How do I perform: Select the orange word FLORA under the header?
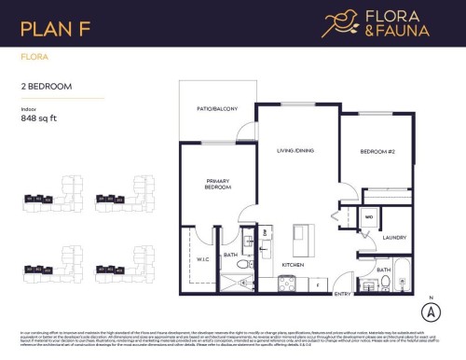click(33, 57)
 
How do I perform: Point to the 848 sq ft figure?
click(40, 118)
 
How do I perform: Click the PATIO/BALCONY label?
click(217, 110)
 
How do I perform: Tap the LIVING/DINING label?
click(297, 150)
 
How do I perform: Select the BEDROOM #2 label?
click(380, 151)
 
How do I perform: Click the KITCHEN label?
click(295, 264)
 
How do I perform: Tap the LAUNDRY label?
click(394, 237)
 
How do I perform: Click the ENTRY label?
click(342, 294)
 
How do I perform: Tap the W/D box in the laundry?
click(369, 220)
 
